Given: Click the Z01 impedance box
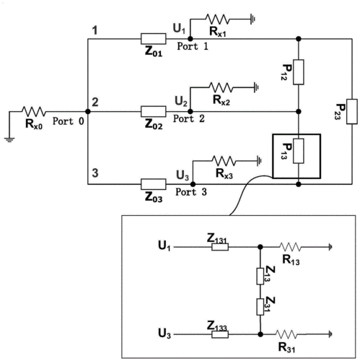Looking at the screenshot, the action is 153,39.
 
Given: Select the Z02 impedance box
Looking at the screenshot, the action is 153,111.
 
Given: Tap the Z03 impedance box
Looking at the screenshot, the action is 153,184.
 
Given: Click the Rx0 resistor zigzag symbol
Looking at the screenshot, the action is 34,111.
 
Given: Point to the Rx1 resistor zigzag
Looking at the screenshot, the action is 217,19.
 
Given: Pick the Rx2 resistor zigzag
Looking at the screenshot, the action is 221,87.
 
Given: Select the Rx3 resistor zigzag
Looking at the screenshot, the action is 224,161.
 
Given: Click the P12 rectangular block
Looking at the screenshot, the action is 299,72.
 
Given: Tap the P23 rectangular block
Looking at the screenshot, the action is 352,111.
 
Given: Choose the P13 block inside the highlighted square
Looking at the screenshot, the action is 299,151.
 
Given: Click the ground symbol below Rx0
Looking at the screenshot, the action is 9,139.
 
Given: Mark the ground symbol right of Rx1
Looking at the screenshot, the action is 253,19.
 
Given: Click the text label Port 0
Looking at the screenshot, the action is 69,121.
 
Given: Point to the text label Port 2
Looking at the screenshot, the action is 189,118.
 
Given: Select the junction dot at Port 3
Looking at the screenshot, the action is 193,184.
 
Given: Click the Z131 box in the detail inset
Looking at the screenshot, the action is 220,247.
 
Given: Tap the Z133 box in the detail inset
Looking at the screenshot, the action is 220,334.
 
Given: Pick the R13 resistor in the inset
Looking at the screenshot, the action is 290,247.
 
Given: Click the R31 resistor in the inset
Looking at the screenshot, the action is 286,334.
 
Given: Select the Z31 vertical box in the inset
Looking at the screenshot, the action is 260,307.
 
